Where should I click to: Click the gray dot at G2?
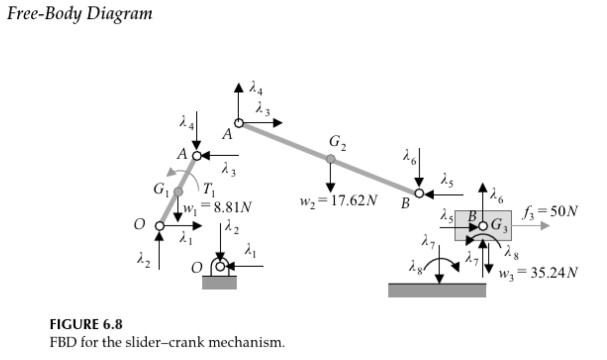click(x=330, y=159)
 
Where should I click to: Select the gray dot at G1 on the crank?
click(x=178, y=191)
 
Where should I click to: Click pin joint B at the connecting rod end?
click(x=419, y=193)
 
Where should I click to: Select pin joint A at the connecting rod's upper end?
click(x=239, y=123)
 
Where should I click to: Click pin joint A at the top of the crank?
click(x=196, y=156)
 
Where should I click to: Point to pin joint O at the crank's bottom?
click(x=160, y=226)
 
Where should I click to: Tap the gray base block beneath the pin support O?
click(x=220, y=283)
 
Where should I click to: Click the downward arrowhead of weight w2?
click(x=330, y=189)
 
